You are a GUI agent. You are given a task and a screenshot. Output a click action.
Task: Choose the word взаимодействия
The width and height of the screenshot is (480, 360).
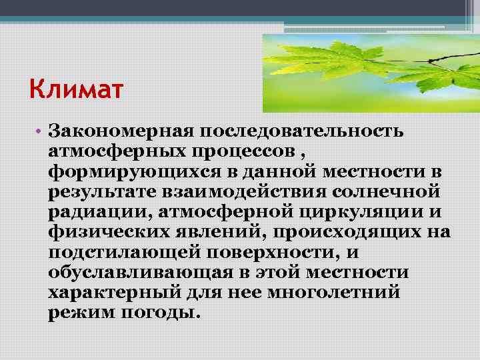click(x=236, y=193)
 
